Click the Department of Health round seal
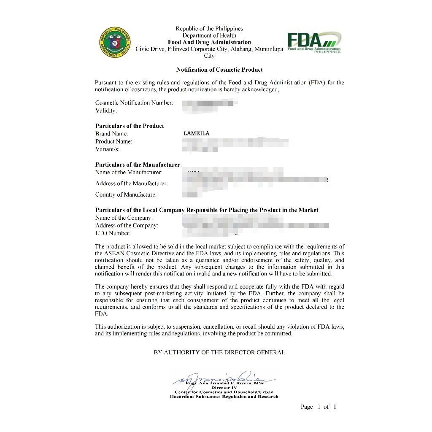click(115, 43)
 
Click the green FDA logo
click(314, 42)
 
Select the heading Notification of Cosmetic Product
click(219, 70)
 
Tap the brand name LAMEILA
click(197, 133)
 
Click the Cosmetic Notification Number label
click(134, 103)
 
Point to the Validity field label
click(106, 111)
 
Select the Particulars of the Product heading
click(130, 126)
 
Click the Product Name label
click(113, 141)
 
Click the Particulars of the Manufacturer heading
click(138, 165)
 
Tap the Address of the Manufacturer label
click(131, 184)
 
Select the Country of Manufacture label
click(126, 194)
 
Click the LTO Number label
click(113, 233)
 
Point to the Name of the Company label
click(124, 218)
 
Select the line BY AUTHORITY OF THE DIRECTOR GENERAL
click(219, 352)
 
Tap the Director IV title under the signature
click(224, 387)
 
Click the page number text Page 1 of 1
click(319, 407)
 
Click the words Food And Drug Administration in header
click(209, 42)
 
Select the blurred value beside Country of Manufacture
click(192, 194)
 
